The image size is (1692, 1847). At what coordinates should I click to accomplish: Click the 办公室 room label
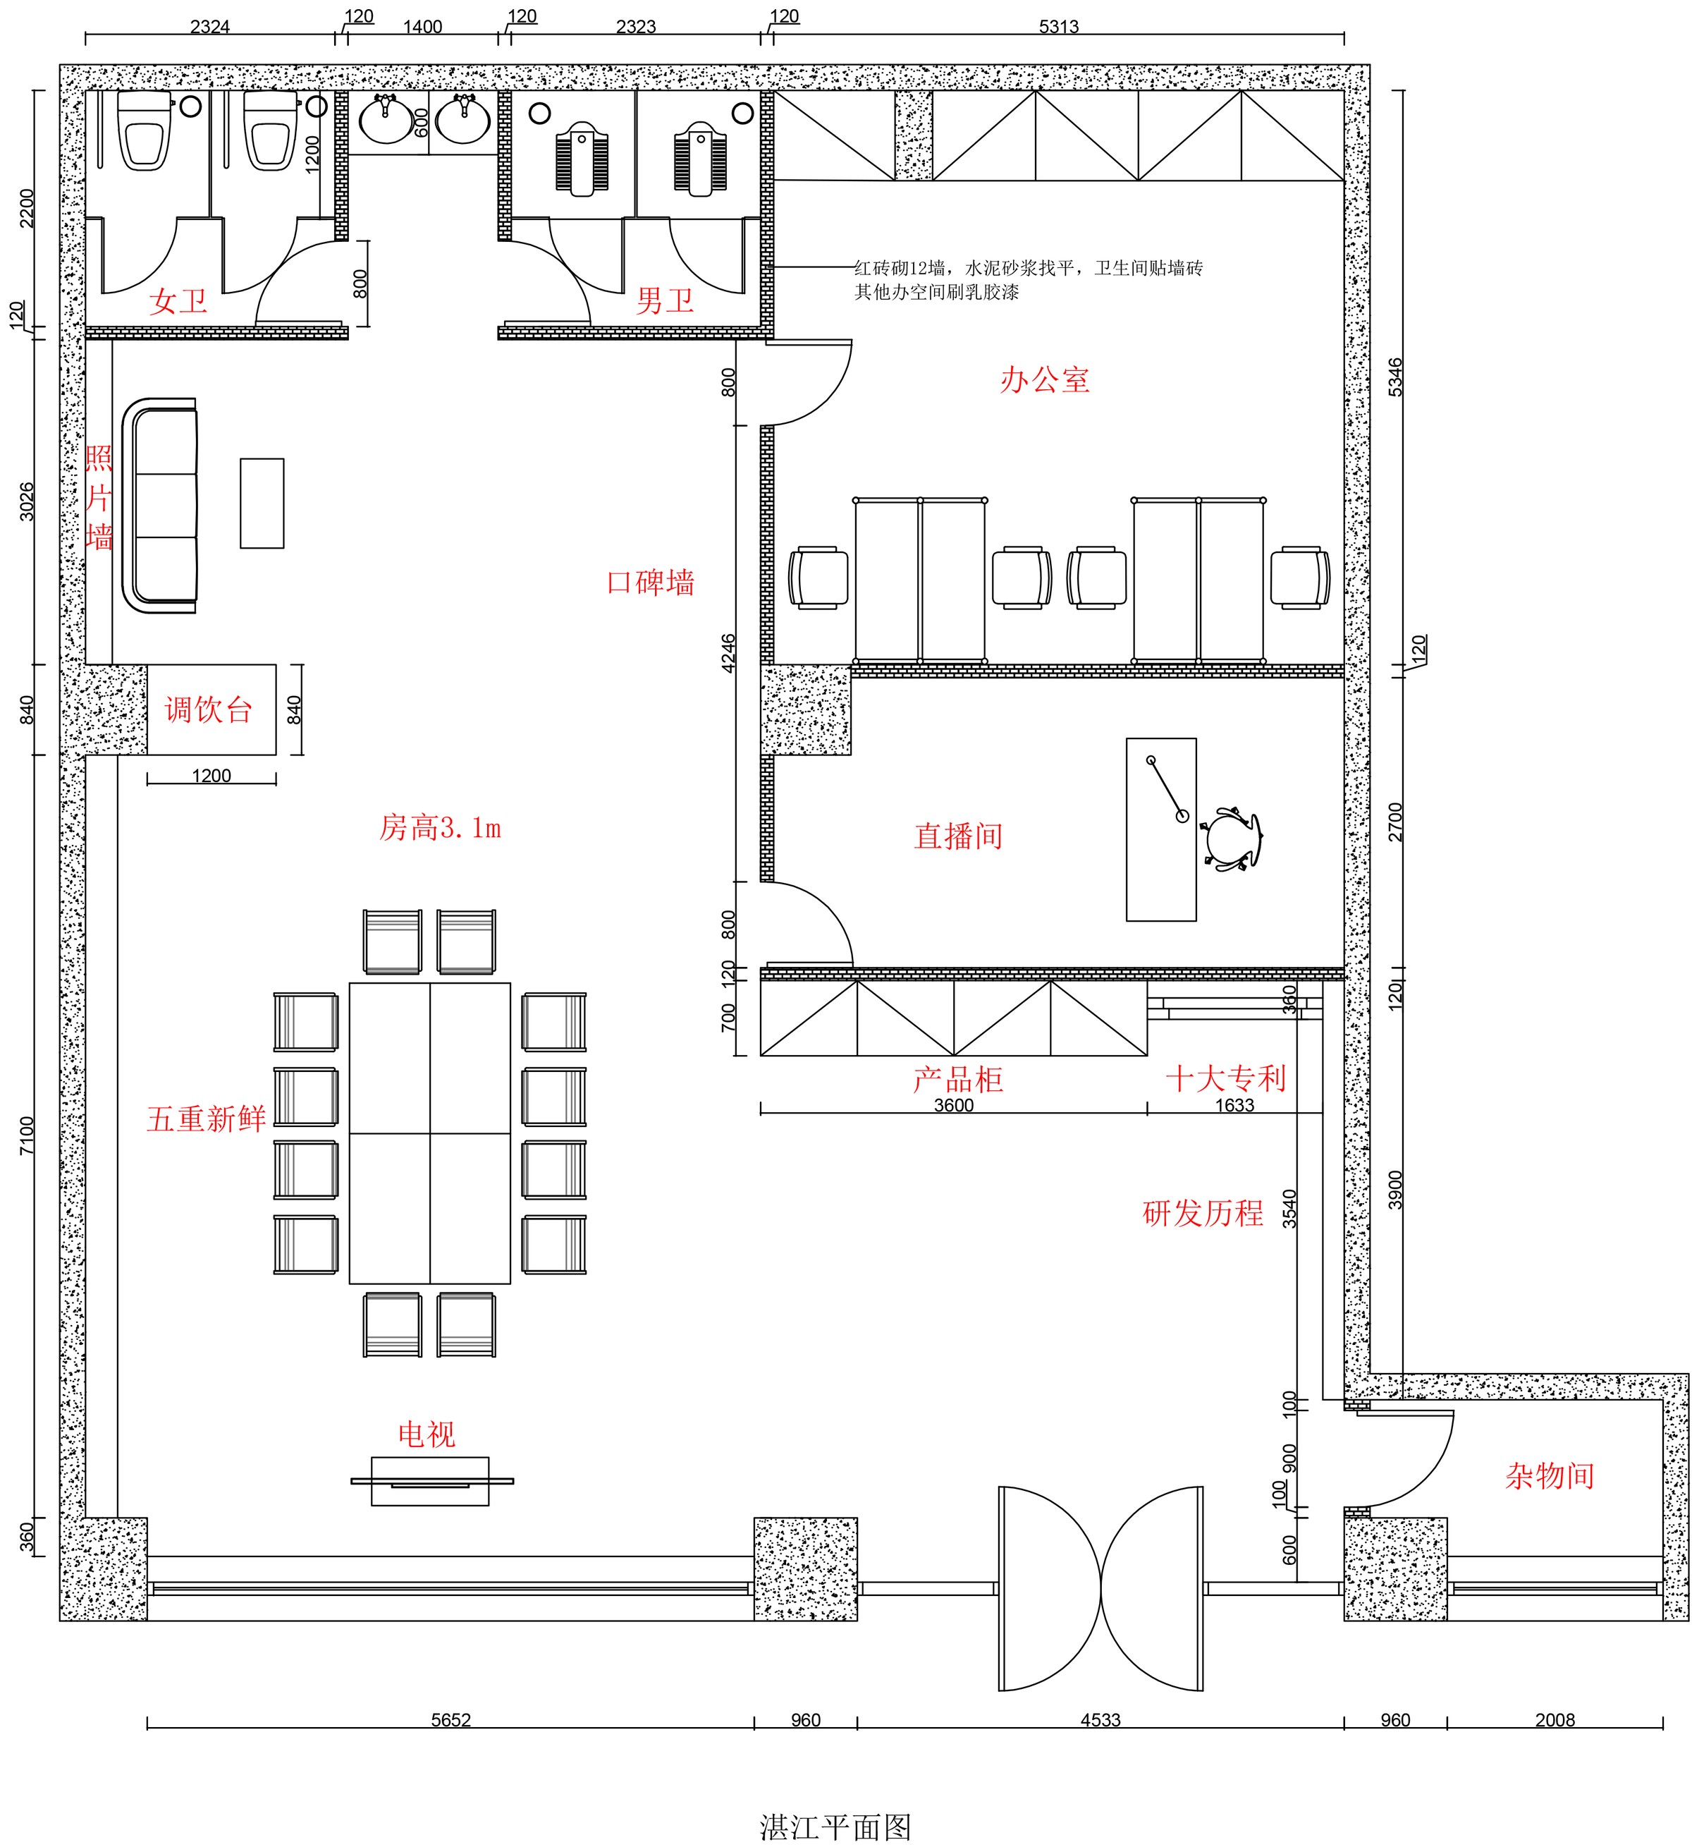click(x=1044, y=379)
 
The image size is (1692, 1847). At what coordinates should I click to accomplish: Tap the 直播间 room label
click(x=958, y=836)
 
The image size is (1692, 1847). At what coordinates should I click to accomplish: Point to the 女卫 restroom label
click(x=178, y=300)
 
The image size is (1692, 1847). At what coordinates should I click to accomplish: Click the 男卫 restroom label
click(x=665, y=300)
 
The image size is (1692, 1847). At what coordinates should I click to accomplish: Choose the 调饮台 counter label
click(x=209, y=710)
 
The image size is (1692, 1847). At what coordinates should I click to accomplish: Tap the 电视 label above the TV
click(x=427, y=1434)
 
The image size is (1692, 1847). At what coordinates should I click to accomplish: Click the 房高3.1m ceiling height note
click(x=440, y=828)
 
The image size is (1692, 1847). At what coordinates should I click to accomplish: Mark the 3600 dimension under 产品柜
click(x=954, y=1105)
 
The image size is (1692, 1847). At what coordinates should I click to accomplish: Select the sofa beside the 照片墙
click(x=160, y=506)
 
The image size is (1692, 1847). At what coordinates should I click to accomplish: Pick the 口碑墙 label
click(x=651, y=582)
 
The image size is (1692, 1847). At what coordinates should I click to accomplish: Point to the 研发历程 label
click(x=1203, y=1213)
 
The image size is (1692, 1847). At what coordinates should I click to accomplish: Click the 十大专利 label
click(x=1226, y=1078)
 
